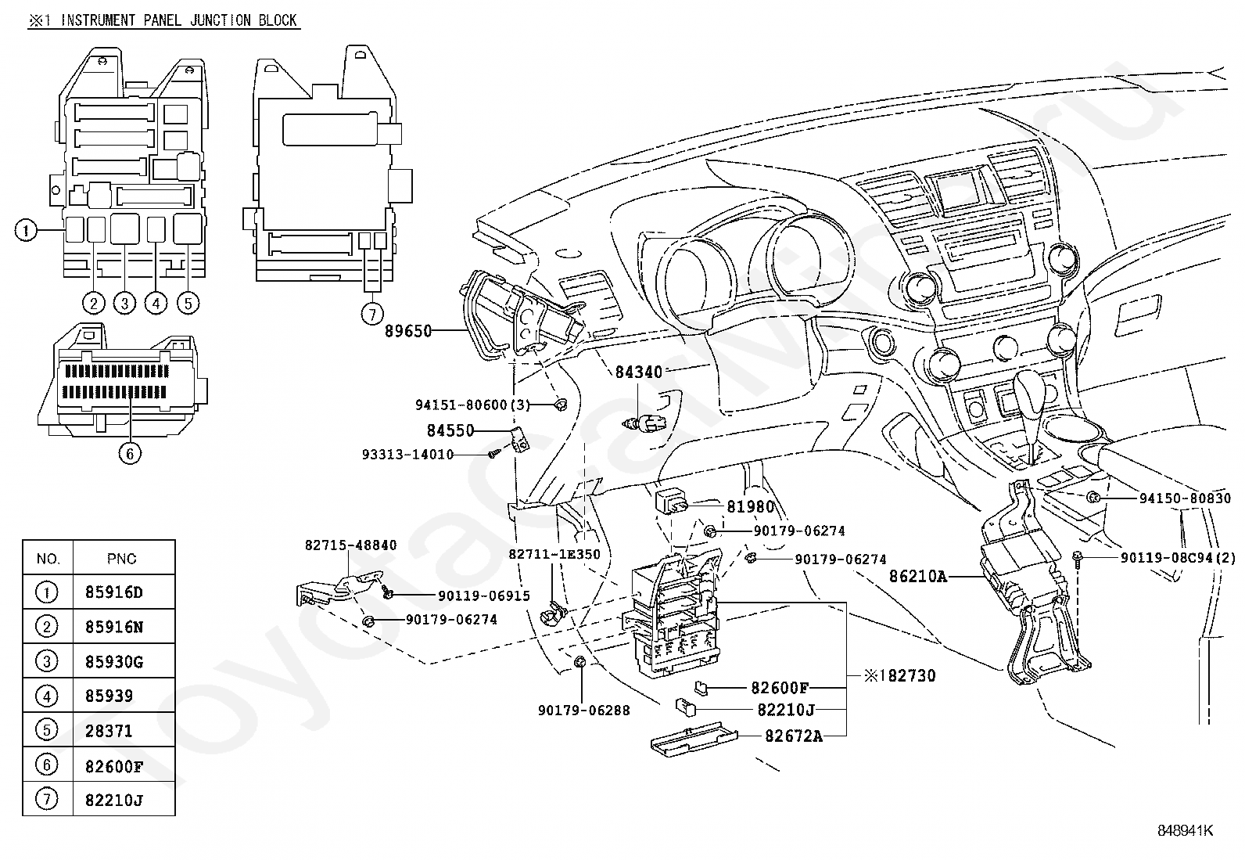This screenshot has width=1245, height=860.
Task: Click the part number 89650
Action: click(x=408, y=331)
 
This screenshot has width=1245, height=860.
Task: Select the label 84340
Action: click(x=638, y=372)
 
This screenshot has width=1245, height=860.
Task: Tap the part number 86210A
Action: click(x=918, y=577)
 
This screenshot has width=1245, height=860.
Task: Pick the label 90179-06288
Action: click(x=583, y=711)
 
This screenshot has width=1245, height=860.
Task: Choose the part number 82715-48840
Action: click(x=350, y=545)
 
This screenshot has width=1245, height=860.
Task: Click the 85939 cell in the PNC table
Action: click(x=109, y=696)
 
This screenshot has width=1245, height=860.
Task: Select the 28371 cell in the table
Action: click(x=109, y=731)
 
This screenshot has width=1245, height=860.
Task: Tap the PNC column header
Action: click(x=121, y=559)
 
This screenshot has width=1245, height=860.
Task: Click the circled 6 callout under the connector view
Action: click(x=130, y=452)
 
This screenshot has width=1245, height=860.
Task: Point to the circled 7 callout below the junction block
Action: click(x=373, y=314)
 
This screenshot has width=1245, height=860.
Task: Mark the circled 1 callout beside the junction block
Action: click(x=26, y=230)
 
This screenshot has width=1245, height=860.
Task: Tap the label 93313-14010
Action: click(x=407, y=455)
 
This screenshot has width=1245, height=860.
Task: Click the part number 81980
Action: click(x=750, y=507)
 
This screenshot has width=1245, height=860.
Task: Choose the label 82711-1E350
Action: click(x=554, y=554)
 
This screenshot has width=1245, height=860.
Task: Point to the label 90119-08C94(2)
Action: click(x=1178, y=558)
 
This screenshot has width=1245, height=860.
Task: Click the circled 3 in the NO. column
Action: click(x=47, y=661)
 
